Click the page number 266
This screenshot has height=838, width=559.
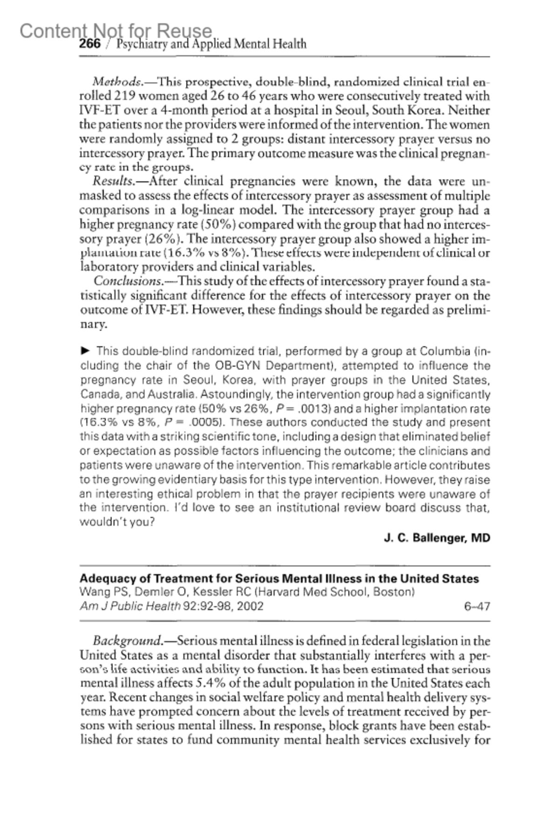point(90,44)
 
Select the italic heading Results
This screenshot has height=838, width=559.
point(111,181)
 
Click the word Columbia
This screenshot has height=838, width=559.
point(445,351)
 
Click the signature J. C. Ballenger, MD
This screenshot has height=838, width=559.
point(437,538)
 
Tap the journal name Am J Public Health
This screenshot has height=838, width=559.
point(130,606)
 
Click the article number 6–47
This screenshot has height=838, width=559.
point(477,606)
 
